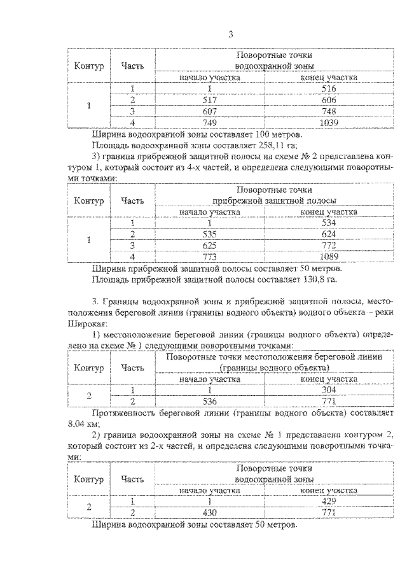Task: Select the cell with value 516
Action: (329, 88)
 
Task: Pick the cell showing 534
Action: (329, 222)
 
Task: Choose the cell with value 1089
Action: (329, 256)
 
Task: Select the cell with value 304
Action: (329, 390)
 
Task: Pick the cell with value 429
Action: (329, 502)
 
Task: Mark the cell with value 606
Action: (329, 100)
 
